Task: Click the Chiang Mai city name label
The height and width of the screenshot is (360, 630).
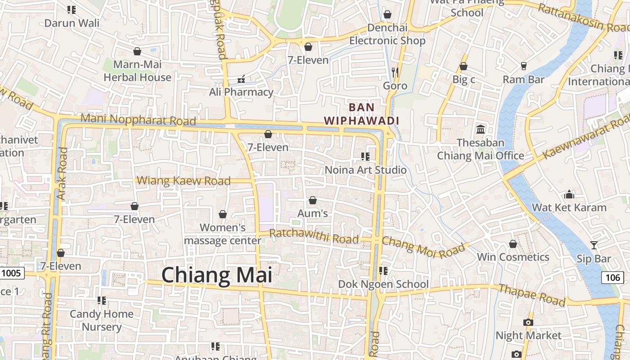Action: click(x=217, y=275)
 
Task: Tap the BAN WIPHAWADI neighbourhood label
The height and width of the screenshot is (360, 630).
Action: click(x=362, y=114)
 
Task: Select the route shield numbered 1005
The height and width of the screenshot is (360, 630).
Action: click(x=11, y=273)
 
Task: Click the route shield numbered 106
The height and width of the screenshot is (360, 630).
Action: click(x=612, y=277)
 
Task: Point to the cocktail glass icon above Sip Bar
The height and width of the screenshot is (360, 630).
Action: click(x=594, y=245)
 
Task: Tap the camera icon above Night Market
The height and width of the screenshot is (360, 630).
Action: click(x=528, y=322)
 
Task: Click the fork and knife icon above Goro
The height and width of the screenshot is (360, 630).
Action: click(x=395, y=72)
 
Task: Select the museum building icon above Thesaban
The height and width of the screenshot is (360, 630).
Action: click(x=481, y=130)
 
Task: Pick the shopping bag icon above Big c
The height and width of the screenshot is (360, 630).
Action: click(x=463, y=67)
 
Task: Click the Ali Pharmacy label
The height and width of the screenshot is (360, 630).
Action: click(x=241, y=92)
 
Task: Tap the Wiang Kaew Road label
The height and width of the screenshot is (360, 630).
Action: click(x=184, y=181)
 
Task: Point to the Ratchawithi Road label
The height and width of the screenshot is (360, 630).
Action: click(x=314, y=236)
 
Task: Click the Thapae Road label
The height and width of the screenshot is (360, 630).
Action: click(x=532, y=295)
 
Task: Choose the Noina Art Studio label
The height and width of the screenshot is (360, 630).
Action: click(x=365, y=170)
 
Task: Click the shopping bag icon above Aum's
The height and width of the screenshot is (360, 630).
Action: click(x=313, y=200)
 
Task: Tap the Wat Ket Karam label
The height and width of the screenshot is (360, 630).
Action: click(x=569, y=207)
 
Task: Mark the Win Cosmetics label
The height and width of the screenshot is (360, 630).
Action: click(x=513, y=257)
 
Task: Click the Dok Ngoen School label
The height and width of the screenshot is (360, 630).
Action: click(x=383, y=284)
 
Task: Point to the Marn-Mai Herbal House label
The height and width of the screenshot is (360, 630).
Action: click(x=137, y=71)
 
